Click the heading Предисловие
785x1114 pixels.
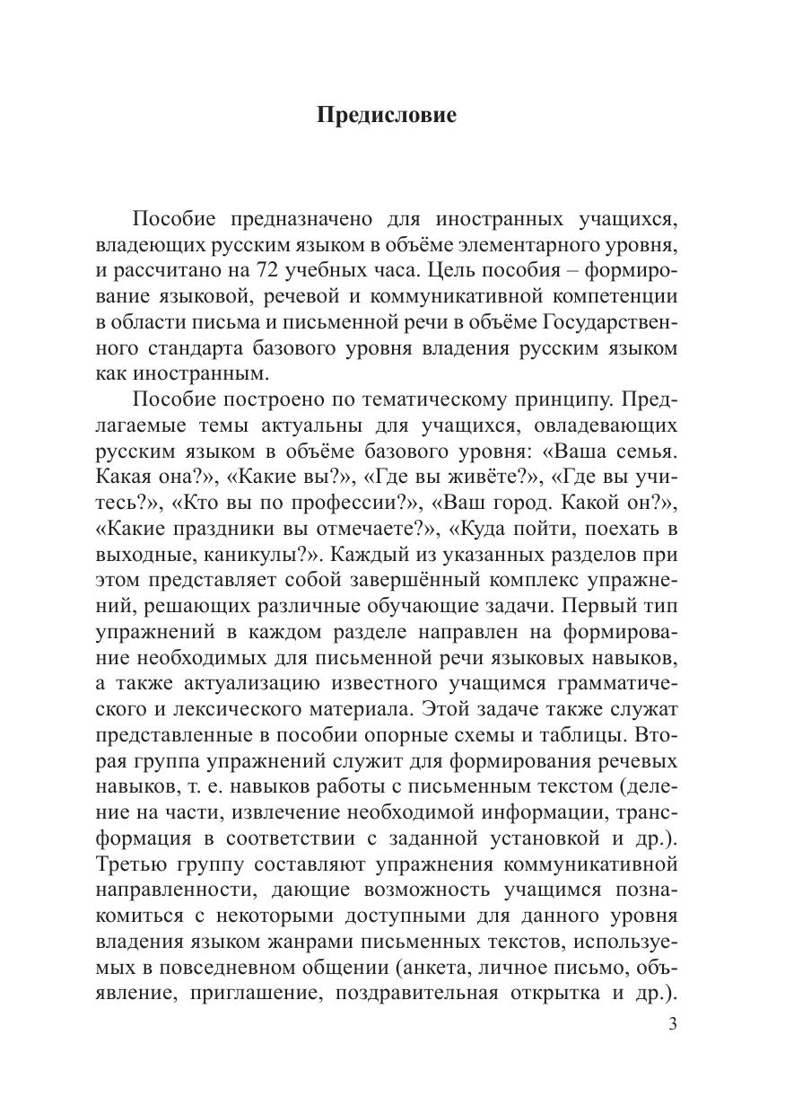(387, 116)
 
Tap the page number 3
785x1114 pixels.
(673, 1027)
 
